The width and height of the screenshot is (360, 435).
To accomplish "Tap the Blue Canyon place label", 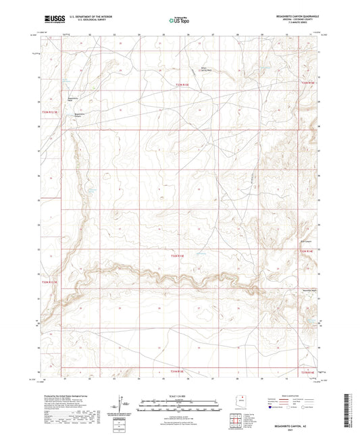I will [x=305, y=236].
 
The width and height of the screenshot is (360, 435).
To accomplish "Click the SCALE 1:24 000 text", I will [x=180, y=396].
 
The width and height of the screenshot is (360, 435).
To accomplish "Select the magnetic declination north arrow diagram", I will [x=119, y=404].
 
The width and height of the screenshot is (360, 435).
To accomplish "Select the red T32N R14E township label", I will [x=307, y=82].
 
